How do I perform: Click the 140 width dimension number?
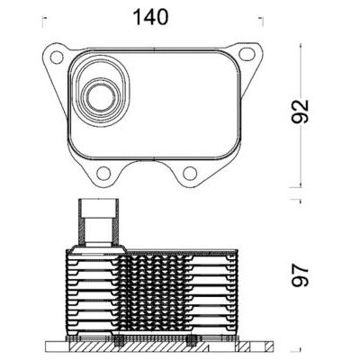click(x=148, y=16)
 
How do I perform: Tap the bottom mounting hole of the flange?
click(x=190, y=174)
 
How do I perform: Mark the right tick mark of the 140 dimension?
click(x=261, y=17)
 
